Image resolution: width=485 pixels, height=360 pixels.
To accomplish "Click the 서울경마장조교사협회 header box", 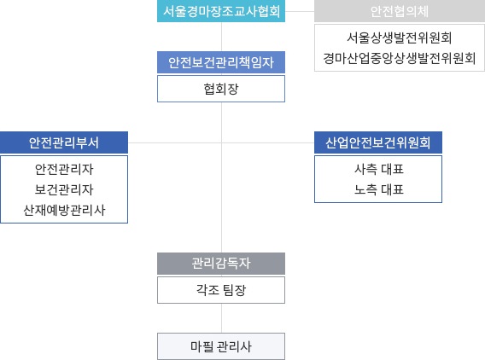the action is pyautogui.click(x=221, y=11).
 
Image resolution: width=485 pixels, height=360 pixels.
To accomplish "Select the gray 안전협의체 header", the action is pyautogui.click(x=400, y=11).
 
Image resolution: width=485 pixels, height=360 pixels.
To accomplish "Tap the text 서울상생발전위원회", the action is pyautogui.click(x=400, y=38).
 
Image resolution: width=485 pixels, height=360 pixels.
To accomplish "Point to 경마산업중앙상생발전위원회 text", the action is pyautogui.click(x=400, y=58).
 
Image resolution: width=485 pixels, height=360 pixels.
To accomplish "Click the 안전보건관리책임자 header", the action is pyautogui.click(x=221, y=62).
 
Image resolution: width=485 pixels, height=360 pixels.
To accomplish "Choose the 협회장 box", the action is pyautogui.click(x=221, y=89).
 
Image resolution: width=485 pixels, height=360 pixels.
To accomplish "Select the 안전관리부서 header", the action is pyautogui.click(x=64, y=142).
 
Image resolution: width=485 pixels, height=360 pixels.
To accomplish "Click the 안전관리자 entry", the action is pyautogui.click(x=64, y=170).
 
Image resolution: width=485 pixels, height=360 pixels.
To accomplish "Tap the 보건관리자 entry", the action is pyautogui.click(x=64, y=189).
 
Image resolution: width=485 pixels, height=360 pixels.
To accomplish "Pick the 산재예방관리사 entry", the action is pyautogui.click(x=64, y=210).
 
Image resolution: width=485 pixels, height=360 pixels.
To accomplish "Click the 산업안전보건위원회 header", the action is pyautogui.click(x=378, y=142).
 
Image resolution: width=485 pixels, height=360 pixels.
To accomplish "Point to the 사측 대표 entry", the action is pyautogui.click(x=379, y=170).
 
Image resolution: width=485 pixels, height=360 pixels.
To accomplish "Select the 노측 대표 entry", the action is pyautogui.click(x=379, y=189).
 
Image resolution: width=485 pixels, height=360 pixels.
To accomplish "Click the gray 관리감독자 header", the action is pyautogui.click(x=221, y=264).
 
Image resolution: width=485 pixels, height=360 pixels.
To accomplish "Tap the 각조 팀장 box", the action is pyautogui.click(x=221, y=290).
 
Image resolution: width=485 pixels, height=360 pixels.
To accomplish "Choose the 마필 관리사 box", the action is pyautogui.click(x=221, y=346).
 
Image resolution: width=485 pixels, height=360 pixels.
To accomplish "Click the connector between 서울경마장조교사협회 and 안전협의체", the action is pyautogui.click(x=300, y=11).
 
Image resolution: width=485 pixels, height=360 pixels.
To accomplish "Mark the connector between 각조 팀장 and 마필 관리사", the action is pyautogui.click(x=221, y=318).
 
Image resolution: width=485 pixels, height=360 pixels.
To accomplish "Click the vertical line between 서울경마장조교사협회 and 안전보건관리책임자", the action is pyautogui.click(x=221, y=37).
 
